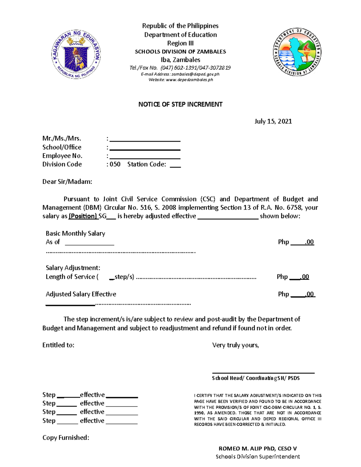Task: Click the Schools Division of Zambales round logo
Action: coord(297,52)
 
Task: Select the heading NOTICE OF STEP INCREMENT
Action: coord(180,104)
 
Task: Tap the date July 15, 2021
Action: coord(273,121)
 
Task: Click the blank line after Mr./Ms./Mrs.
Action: coord(145,140)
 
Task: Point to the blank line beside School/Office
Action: coord(145,148)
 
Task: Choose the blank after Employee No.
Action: coord(145,157)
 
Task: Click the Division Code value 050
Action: coord(115,164)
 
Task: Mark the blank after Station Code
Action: coord(175,165)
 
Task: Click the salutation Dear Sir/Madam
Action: coord(67,182)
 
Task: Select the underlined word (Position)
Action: coord(83,216)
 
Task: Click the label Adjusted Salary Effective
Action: coord(81,294)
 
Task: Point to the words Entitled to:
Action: coord(58,345)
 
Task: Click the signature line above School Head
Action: coord(263,372)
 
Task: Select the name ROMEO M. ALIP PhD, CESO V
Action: coord(258,448)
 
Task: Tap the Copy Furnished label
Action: coord(66,438)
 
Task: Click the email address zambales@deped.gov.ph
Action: coord(195,74)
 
